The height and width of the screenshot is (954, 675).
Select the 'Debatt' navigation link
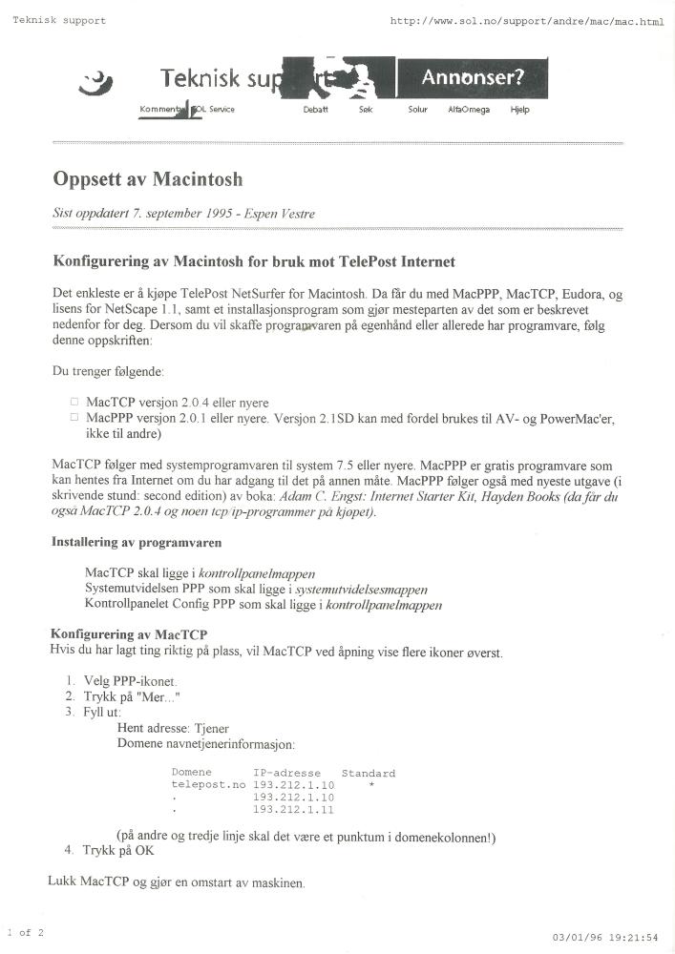[x=315, y=110]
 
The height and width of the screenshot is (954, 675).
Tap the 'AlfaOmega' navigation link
[x=469, y=110]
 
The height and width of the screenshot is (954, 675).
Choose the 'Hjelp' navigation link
[x=519, y=110]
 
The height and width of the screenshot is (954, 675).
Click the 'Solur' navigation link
[x=417, y=110]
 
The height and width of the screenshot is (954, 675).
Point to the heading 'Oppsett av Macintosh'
[x=148, y=179]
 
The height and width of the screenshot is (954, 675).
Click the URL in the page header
[x=526, y=21]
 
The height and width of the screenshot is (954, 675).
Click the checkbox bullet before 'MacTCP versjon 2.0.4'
[x=74, y=402]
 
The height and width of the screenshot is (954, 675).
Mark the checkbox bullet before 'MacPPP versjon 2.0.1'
[x=74, y=417]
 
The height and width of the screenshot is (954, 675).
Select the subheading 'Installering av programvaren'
[x=137, y=543]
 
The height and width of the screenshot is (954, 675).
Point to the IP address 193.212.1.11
[x=293, y=809]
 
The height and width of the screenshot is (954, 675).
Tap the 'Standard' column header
[x=368, y=773]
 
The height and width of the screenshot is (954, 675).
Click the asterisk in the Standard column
[x=369, y=784]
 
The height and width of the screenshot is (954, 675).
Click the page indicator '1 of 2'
[x=25, y=932]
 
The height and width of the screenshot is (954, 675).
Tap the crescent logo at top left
[x=92, y=84]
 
